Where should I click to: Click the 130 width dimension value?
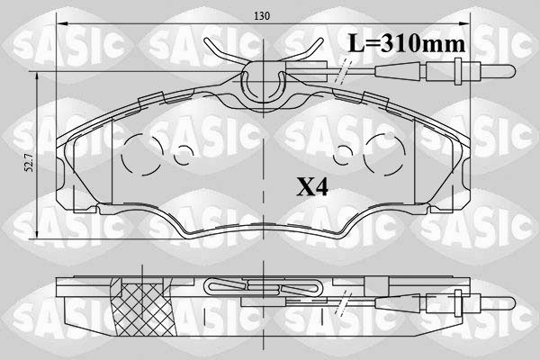click(x=262, y=16)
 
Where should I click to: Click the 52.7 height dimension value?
click(x=30, y=163)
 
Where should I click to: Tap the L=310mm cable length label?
click(x=407, y=44)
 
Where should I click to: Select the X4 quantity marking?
click(x=312, y=188)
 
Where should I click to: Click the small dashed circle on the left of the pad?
click(x=184, y=155)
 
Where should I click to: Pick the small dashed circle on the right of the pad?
click(x=343, y=155)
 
